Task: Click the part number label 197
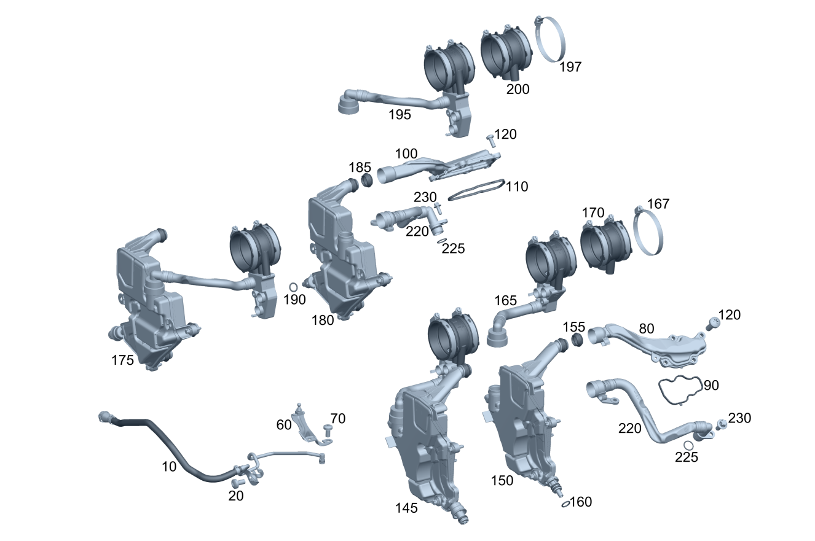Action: pos(570,67)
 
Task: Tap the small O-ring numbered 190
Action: pos(293,287)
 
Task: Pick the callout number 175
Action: pos(122,360)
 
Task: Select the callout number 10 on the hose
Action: pos(169,467)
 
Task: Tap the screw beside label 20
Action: pos(238,483)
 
